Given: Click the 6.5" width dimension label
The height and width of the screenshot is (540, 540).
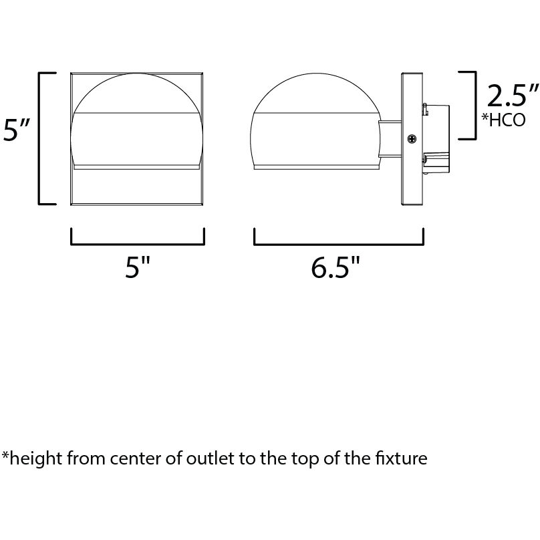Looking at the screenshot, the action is tap(335, 267).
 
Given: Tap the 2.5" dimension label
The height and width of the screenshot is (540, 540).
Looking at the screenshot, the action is tap(513, 96).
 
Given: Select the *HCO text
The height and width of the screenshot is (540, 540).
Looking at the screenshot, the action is tap(503, 120).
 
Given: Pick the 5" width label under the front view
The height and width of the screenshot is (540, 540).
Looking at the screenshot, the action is tap(138, 267).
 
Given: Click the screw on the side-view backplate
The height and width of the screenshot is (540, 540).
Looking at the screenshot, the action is tap(412, 139).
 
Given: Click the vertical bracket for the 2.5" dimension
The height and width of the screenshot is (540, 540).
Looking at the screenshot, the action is tap(475, 106).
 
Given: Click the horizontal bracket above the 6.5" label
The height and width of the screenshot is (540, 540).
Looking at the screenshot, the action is tap(339, 244).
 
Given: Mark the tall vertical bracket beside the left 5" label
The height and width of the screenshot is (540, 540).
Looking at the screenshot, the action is tap(39, 138).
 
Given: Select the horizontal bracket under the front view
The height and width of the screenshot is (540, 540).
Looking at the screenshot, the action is tap(138, 244).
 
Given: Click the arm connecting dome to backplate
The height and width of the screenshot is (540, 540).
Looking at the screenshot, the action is tap(390, 139).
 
